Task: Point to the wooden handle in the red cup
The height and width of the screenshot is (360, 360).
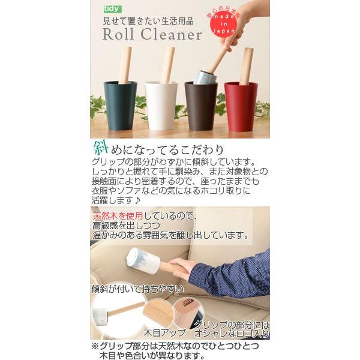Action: [x=246, y=65]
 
